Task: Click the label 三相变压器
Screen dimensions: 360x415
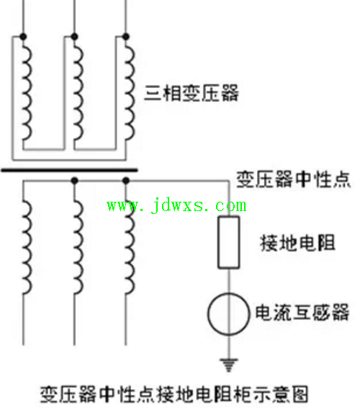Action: (192, 93)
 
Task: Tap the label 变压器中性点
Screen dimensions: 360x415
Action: (293, 179)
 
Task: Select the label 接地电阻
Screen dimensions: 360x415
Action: (297, 243)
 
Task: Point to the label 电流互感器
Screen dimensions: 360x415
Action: (302, 312)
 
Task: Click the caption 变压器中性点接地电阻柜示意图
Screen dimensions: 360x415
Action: (174, 394)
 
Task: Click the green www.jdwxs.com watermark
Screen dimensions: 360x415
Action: (176, 205)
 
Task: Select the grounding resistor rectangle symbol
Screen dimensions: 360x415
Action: (229, 242)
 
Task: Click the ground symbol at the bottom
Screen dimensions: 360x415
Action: (229, 365)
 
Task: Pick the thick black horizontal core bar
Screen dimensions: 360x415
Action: (69, 170)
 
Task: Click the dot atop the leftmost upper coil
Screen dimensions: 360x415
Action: (23, 37)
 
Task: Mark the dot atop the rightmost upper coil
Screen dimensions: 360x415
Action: (126, 37)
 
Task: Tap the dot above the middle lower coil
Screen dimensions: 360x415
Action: (75, 181)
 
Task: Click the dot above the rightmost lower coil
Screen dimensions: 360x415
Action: (126, 181)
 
